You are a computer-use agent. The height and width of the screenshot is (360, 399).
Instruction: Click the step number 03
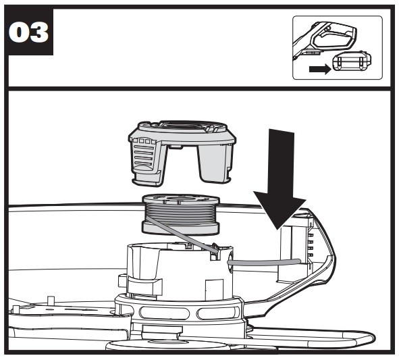(x=28, y=32)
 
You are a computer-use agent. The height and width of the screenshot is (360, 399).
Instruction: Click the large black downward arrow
(x=281, y=178)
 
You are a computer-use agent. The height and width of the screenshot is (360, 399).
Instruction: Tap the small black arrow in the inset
(x=320, y=69)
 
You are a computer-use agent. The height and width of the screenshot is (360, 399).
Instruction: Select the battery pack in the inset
(x=352, y=61)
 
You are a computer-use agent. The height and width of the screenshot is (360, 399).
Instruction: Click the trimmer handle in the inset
(x=328, y=38)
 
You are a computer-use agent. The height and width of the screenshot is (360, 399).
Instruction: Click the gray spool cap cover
(x=182, y=151)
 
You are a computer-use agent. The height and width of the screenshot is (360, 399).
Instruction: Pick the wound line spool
(x=180, y=214)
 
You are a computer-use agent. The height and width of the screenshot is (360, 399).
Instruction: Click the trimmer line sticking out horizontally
(x=264, y=262)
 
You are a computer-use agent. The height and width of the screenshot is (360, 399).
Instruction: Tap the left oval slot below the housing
(x=164, y=313)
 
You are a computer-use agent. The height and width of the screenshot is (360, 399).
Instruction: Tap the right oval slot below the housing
(x=218, y=313)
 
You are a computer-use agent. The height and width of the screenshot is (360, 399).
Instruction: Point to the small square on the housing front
(x=214, y=287)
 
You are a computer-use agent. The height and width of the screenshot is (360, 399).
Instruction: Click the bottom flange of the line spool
(x=180, y=228)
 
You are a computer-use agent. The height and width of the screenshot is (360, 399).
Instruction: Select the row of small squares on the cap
(x=144, y=141)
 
